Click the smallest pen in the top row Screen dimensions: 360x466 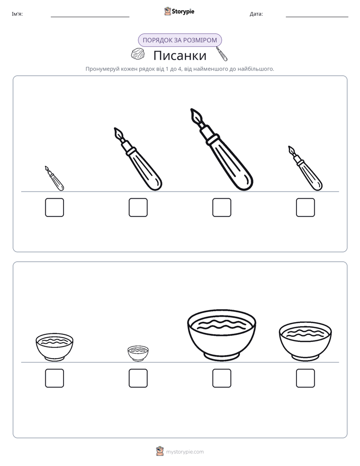click(x=54, y=179)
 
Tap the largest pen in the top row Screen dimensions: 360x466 click(x=221, y=149)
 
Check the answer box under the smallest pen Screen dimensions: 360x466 click(x=54, y=207)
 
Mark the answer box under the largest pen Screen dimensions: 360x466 click(x=221, y=207)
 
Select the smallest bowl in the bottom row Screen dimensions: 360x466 click(x=138, y=354)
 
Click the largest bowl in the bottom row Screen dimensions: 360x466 click(x=221, y=335)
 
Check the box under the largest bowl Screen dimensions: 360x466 click(x=221, y=378)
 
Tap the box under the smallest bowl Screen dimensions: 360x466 click(x=138, y=378)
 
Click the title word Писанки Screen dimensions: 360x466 click(x=179, y=55)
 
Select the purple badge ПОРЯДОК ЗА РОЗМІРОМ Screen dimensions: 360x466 click(x=179, y=40)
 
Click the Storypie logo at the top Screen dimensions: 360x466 click(x=179, y=11)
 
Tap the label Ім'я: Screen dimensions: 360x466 click(x=17, y=14)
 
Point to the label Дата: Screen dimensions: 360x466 click(x=256, y=14)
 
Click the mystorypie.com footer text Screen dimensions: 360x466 click(x=185, y=452)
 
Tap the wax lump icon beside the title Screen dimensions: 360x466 click(x=138, y=54)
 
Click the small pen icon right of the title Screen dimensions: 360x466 click(x=221, y=54)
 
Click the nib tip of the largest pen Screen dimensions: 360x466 click(x=192, y=109)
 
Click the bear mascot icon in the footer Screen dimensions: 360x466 click(x=160, y=451)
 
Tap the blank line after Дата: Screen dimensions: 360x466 click(x=317, y=17)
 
